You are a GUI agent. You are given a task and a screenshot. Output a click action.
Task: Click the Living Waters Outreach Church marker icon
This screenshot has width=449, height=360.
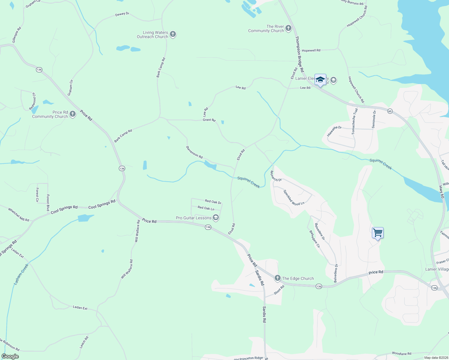173,34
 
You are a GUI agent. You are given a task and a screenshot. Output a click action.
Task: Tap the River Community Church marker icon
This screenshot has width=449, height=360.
288,28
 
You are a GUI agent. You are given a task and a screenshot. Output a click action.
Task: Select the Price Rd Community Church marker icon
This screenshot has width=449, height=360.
72,114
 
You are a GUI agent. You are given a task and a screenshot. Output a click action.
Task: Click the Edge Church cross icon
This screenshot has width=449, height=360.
278,278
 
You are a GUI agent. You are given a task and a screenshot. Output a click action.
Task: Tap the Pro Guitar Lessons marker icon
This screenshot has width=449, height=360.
215,217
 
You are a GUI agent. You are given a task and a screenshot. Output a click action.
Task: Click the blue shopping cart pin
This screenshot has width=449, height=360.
378,233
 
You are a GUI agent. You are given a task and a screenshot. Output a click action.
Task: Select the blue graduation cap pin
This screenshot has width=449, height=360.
320,80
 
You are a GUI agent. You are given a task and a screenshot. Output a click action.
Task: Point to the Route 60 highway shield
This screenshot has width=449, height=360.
390,111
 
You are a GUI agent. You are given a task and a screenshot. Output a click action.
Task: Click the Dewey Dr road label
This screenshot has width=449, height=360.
122,14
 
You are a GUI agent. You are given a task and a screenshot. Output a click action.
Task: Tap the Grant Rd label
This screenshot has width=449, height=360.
209,120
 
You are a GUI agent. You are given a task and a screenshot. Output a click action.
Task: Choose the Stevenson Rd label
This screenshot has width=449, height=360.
194,152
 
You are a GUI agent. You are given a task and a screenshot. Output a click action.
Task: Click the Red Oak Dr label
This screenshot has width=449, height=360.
213,202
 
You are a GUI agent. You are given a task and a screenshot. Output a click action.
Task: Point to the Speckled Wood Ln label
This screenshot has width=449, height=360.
294,198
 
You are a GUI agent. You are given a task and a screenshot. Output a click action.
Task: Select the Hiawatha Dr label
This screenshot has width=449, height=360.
334,131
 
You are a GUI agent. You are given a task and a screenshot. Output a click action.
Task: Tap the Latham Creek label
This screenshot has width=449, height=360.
21,274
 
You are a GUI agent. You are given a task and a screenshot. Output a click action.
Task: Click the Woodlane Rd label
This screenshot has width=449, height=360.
402,354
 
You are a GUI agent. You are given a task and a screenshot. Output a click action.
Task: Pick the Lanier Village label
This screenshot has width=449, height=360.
437,269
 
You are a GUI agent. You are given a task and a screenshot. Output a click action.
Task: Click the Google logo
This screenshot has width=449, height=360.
10,356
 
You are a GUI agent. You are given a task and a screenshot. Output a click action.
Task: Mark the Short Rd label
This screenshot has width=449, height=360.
279,290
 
